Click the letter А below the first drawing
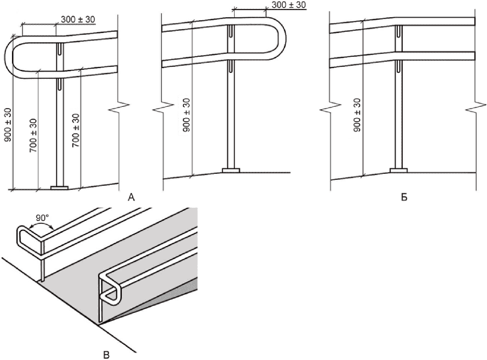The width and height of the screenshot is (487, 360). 131,197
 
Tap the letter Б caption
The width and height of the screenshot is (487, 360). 404,197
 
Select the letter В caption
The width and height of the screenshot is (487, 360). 106,355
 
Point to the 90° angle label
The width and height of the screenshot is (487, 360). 42,218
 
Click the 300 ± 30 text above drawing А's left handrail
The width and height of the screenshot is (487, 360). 78,19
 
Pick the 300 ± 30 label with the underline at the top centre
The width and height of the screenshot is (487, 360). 289,5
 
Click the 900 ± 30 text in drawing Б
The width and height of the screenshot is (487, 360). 357,115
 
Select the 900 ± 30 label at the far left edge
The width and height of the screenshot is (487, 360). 7,125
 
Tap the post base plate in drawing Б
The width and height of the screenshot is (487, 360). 399,170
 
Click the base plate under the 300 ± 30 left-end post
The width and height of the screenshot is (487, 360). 59,187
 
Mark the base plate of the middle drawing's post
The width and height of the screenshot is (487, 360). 231,170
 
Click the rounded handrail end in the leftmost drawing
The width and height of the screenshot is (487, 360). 6,57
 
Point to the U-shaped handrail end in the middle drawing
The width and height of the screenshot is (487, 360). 284,38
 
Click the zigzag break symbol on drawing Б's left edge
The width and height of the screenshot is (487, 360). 330,109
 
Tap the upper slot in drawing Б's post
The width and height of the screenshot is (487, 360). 399,30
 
